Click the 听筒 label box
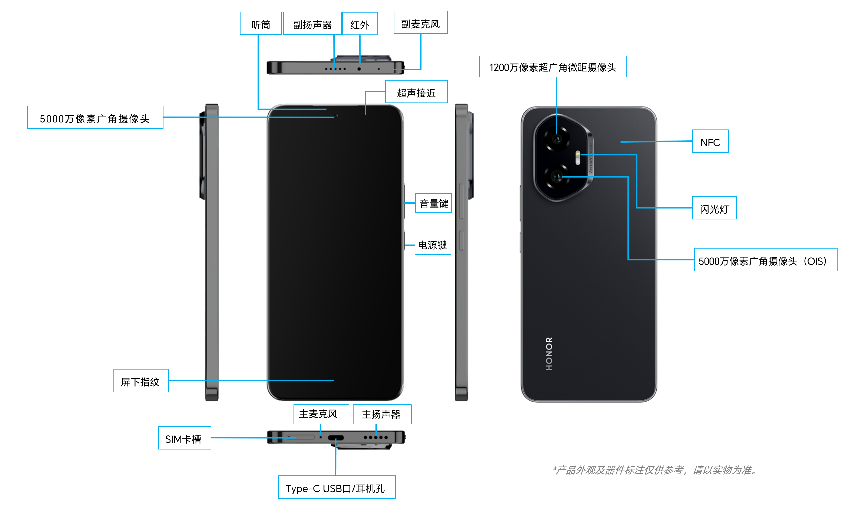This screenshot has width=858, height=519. [261, 24]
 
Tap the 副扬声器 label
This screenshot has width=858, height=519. [312, 24]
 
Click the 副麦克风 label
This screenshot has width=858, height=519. [420, 23]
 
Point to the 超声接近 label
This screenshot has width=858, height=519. [416, 92]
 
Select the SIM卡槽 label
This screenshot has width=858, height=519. [184, 438]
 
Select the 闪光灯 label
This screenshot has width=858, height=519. [714, 208]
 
